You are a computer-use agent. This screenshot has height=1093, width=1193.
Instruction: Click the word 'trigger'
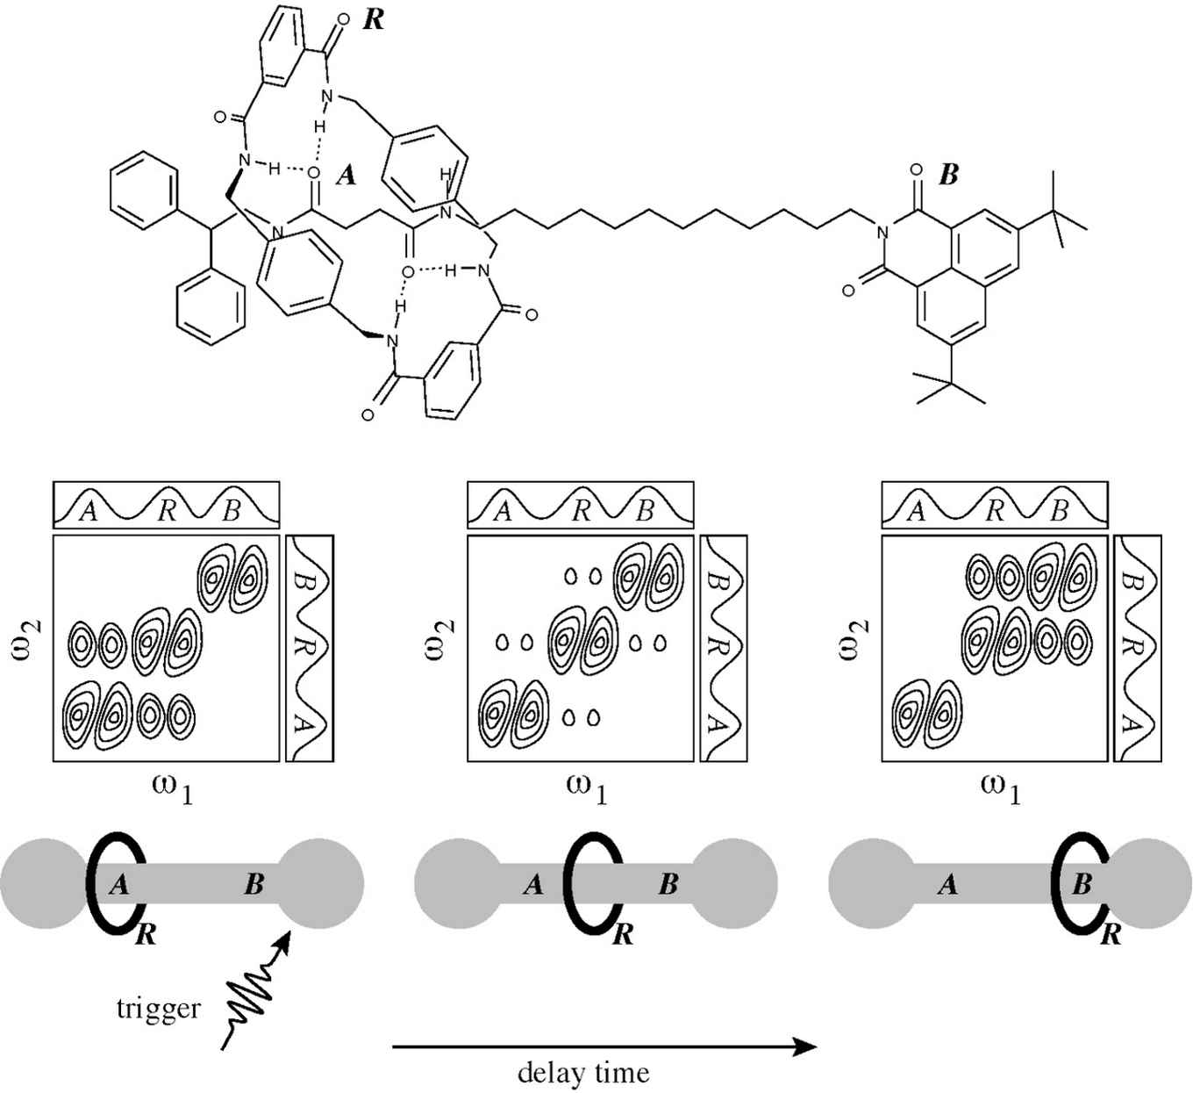point(158,1008)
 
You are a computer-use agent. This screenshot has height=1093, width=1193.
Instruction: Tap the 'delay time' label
point(583,1072)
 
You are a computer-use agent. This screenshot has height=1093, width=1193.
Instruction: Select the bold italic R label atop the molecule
point(373,20)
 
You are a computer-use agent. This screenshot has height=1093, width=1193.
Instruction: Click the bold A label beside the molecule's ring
point(346,176)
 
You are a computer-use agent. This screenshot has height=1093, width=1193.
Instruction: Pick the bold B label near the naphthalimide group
point(948,175)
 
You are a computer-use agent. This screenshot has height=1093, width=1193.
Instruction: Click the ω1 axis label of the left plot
point(172,787)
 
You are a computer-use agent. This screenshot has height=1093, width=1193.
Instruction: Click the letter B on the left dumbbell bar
point(254,884)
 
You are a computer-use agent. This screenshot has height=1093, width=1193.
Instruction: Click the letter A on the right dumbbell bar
point(947,884)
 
